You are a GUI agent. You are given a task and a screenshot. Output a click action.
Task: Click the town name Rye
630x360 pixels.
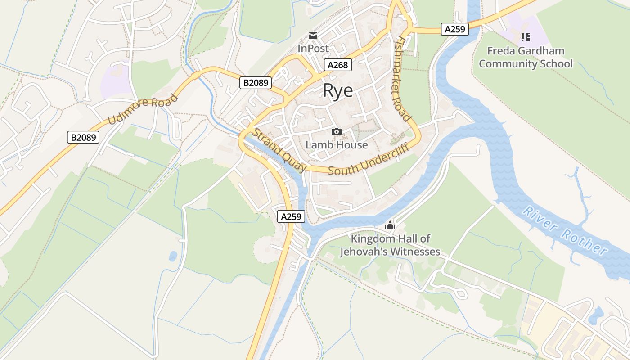[x=338, y=91]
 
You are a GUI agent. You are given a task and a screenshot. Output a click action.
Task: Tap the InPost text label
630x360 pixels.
[x=313, y=48]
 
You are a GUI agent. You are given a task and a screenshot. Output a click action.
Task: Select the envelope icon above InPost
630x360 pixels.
[x=313, y=36]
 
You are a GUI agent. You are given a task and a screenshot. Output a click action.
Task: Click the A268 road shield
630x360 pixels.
[x=337, y=65]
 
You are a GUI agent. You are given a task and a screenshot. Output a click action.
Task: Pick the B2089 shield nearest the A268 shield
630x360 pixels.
[x=255, y=83]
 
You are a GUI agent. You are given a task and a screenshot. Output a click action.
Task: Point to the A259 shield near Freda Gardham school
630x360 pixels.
[x=454, y=30]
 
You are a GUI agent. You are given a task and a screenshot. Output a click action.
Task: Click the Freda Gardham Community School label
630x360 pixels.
[x=526, y=57]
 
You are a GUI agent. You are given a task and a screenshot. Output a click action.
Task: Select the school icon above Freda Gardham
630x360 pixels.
[x=525, y=37]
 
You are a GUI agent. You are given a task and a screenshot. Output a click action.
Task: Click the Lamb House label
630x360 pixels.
[x=337, y=145]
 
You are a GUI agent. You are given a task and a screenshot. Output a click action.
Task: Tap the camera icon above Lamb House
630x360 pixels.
[x=336, y=131]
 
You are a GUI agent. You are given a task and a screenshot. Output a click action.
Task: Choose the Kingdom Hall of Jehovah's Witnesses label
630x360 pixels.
[x=390, y=245]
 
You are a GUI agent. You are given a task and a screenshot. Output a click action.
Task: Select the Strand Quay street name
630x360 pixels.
[x=279, y=150]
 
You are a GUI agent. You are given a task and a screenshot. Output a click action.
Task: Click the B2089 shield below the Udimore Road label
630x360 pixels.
[x=83, y=137]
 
